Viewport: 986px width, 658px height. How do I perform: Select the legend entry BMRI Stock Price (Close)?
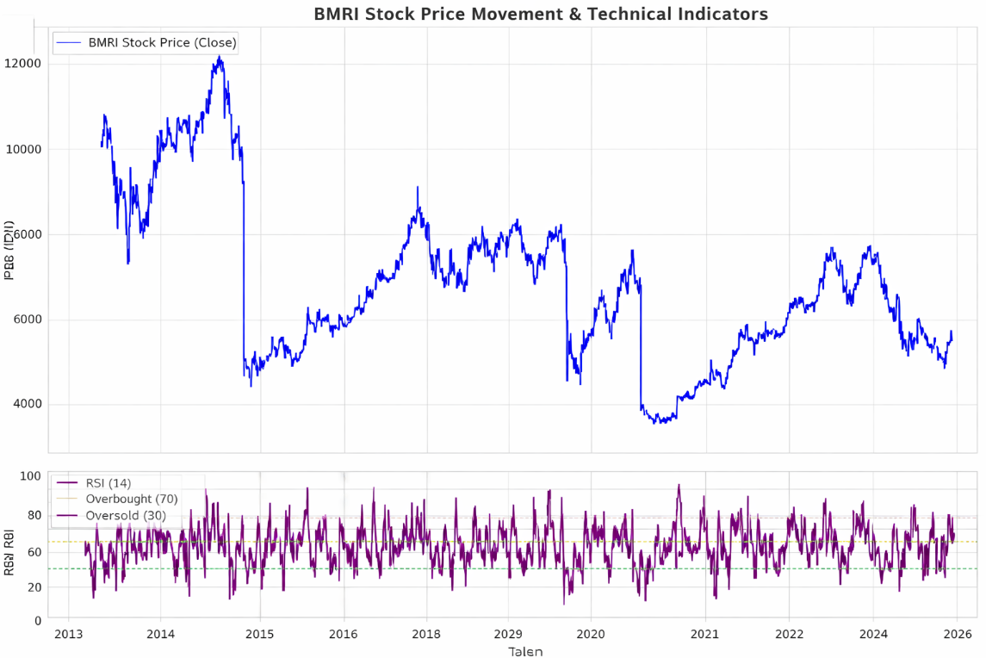click(162, 42)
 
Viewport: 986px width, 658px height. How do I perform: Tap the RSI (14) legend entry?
click(109, 482)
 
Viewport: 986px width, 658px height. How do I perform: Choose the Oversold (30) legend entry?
click(126, 515)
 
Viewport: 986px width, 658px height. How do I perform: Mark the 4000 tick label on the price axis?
click(27, 405)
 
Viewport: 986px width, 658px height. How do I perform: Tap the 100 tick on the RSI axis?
click(31, 476)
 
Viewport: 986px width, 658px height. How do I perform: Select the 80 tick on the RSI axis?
click(34, 516)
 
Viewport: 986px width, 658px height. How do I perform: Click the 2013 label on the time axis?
click(69, 635)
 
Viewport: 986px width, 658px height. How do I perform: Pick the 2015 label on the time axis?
click(259, 635)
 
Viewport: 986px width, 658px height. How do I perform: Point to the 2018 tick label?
click(426, 635)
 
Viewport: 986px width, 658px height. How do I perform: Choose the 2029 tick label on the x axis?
click(508, 635)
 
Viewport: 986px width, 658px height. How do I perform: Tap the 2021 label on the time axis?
click(705, 635)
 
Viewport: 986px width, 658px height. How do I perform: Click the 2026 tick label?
click(958, 635)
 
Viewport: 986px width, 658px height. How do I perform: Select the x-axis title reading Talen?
click(525, 651)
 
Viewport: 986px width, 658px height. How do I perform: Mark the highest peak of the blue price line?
click(220, 57)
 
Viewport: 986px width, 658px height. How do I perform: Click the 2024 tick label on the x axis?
click(872, 635)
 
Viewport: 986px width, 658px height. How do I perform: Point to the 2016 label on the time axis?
click(344, 635)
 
